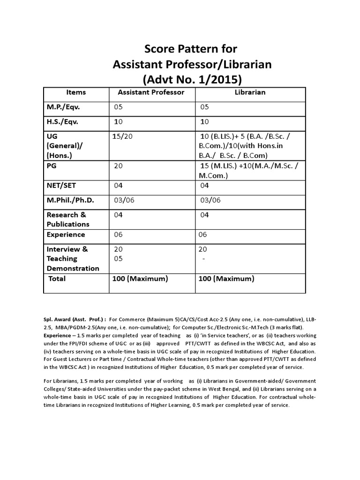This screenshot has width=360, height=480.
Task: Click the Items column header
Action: (x=76, y=92)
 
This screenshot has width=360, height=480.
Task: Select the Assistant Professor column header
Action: (x=151, y=92)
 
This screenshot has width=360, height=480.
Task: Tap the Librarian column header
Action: (x=250, y=92)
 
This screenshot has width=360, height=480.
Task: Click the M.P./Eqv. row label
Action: (x=63, y=107)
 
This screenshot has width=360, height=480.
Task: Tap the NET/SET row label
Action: (x=61, y=185)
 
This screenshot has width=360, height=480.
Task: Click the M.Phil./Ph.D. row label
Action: (x=70, y=200)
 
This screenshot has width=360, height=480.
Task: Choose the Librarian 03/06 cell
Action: (x=210, y=200)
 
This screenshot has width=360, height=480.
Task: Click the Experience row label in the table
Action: (x=66, y=234)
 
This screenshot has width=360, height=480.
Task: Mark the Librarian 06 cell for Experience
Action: (x=203, y=234)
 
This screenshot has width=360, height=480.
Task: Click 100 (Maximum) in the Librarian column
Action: (x=226, y=278)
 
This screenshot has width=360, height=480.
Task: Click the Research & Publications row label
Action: (x=67, y=219)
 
